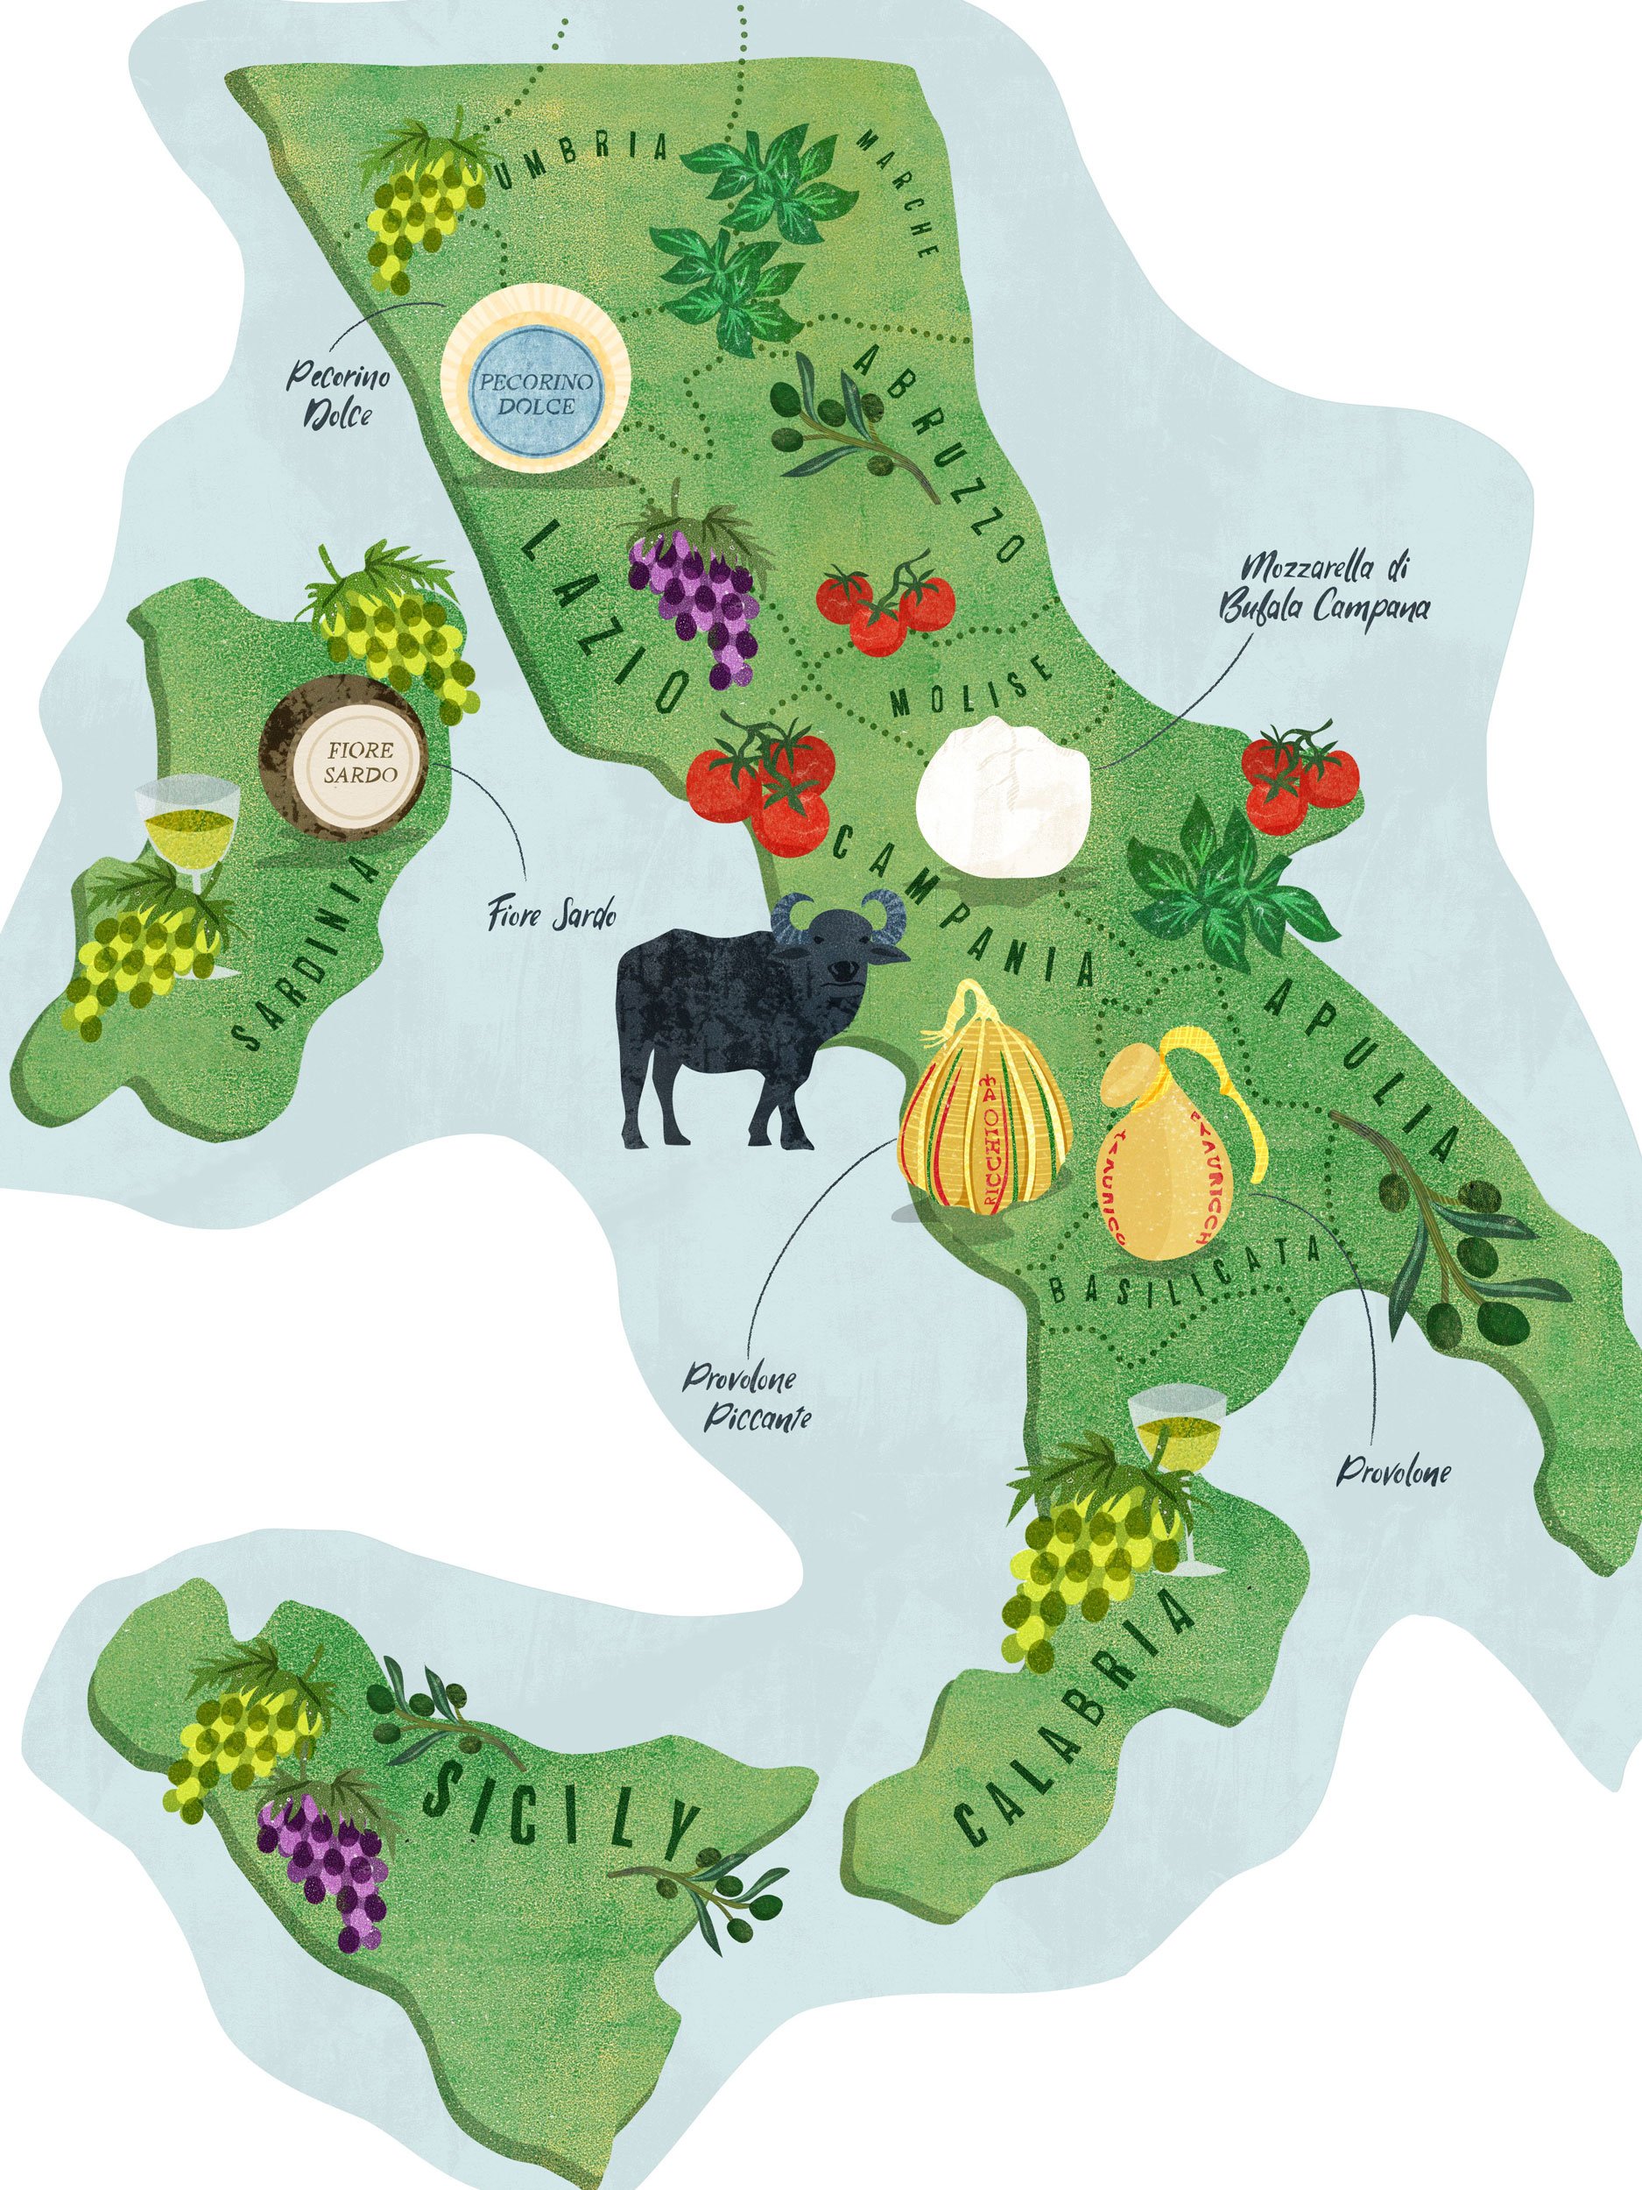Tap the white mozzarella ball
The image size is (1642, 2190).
tap(1003, 795)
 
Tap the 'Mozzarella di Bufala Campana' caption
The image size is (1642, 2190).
tap(1324, 588)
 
